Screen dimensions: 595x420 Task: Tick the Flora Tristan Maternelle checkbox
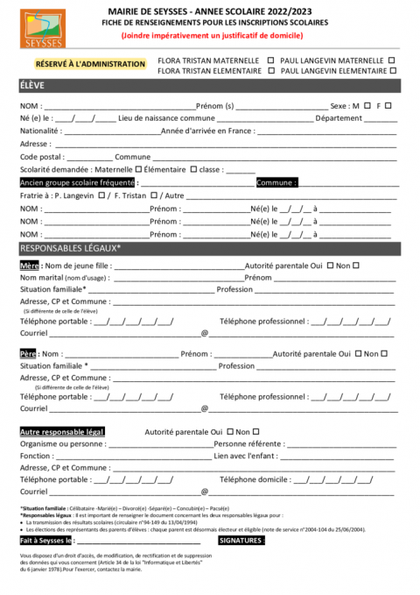(270, 60)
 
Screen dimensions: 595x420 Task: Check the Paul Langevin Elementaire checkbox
(392, 70)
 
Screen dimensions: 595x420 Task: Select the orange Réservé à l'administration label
(90, 64)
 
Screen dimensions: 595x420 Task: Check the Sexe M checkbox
(367, 105)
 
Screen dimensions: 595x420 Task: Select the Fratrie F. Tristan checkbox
(154, 195)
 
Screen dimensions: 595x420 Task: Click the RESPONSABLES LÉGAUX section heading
(70, 249)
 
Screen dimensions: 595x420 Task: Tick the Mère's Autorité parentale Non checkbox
(356, 265)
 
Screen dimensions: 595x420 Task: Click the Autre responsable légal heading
(62, 432)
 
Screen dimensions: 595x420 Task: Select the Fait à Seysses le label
(47, 541)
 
